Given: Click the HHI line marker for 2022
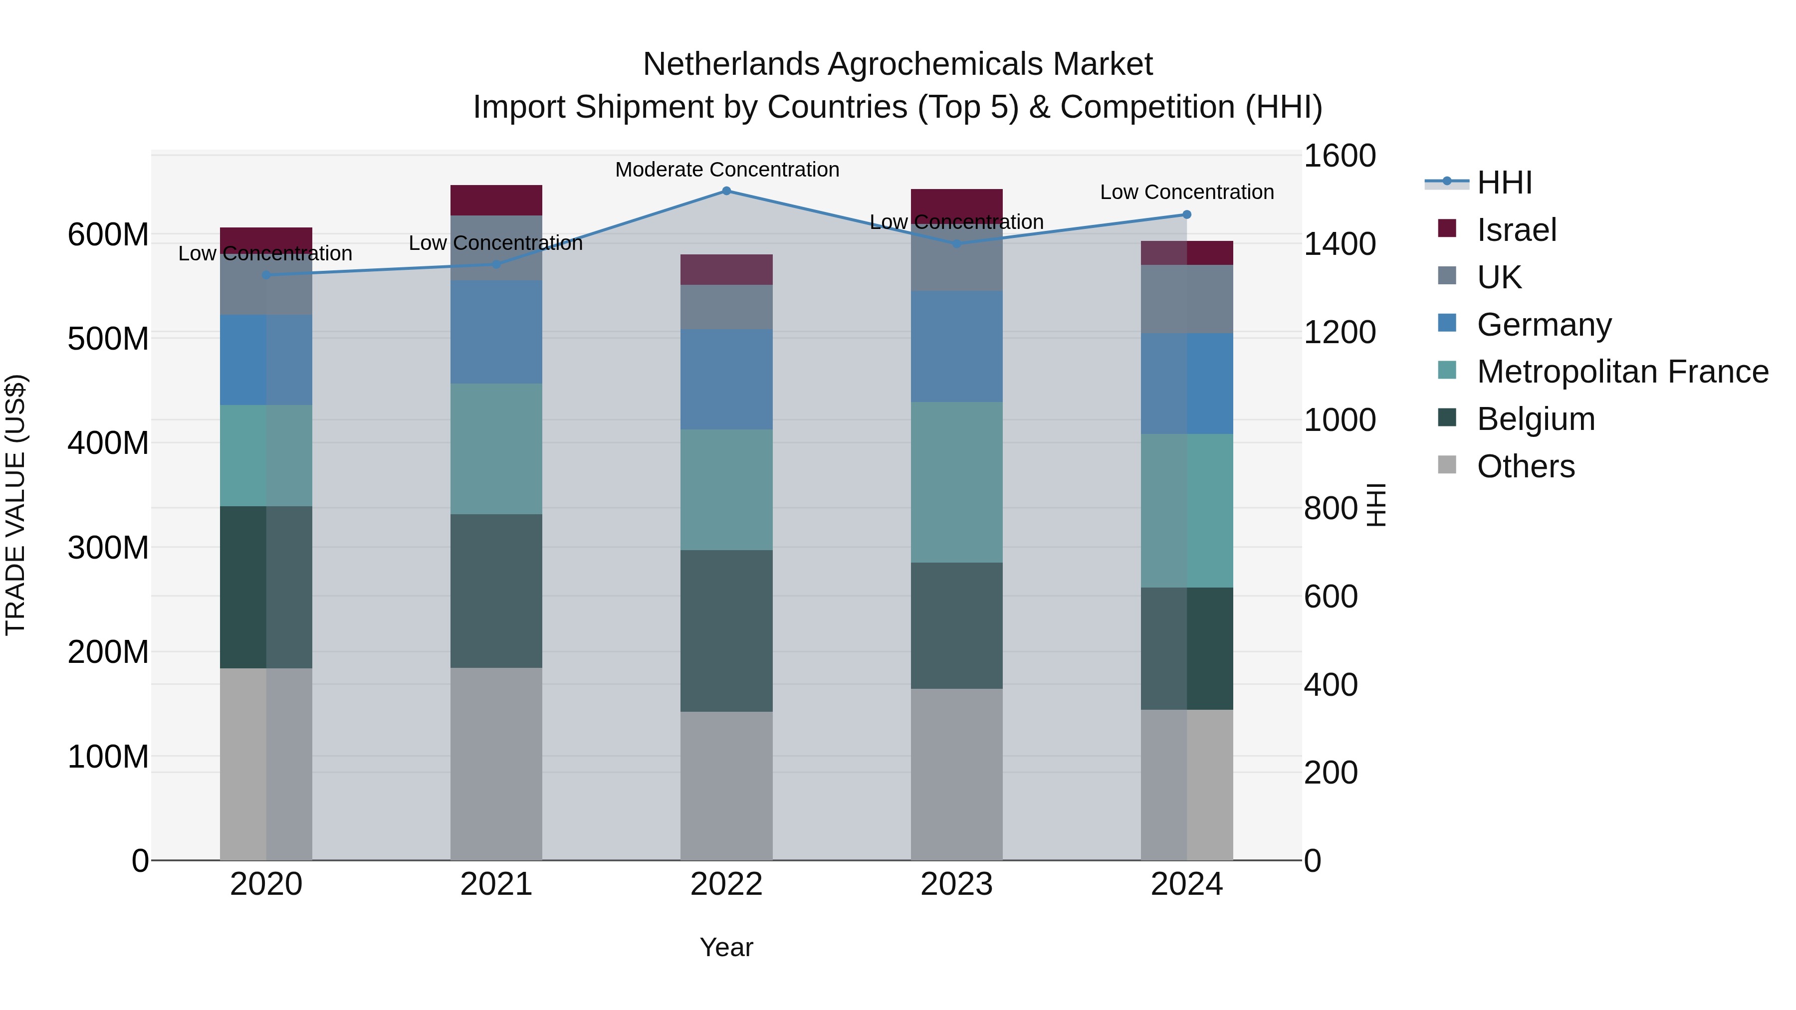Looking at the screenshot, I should (726, 191).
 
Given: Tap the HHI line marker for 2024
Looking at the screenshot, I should (1187, 214).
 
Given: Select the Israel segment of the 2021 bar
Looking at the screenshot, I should (496, 200).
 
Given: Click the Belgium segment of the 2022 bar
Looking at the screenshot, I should (726, 631).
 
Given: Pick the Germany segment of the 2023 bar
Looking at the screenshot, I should (956, 347).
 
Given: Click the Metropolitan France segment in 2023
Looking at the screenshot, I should (956, 482).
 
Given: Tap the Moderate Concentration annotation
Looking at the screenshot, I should (726, 170).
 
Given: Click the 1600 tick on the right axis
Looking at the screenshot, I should (1339, 156).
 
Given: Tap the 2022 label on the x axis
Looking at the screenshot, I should (726, 884).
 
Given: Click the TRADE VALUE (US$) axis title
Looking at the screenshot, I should (15, 505).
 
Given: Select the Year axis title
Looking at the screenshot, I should (726, 947).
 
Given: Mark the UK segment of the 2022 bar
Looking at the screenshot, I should (726, 307).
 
